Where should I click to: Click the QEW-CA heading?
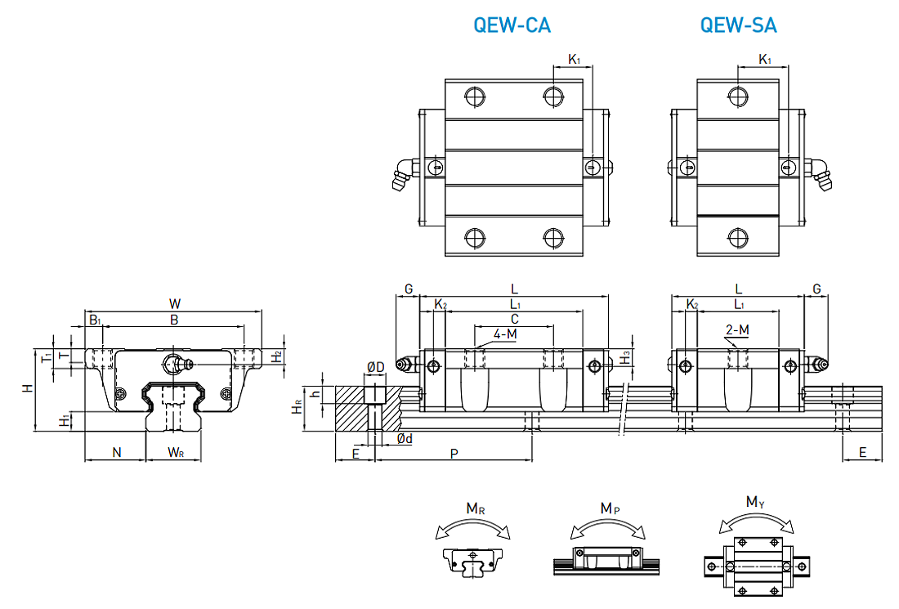[x=512, y=25]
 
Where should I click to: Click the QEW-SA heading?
[x=738, y=25]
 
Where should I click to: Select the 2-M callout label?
[x=736, y=330]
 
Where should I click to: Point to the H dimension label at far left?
[x=28, y=388]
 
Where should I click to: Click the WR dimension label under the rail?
[x=177, y=452]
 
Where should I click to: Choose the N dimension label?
[x=116, y=452]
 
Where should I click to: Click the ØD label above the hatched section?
[x=375, y=367]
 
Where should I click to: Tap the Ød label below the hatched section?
[x=405, y=439]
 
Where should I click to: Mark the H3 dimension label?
[x=624, y=356]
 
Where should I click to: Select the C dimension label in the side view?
[x=514, y=318]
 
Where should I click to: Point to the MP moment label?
[x=608, y=508]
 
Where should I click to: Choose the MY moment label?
[x=754, y=501]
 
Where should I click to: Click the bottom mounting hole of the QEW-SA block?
[x=739, y=238]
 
